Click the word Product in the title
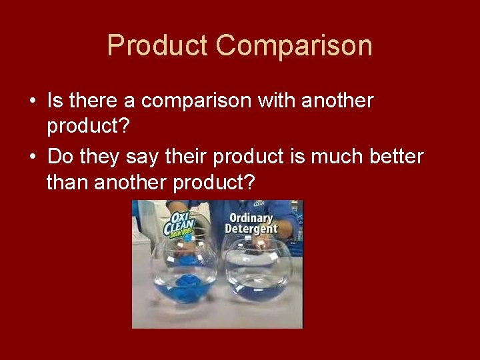point(157,46)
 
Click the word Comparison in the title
point(294,46)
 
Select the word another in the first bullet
point(337,101)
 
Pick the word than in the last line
point(67,181)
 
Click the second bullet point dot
point(32,157)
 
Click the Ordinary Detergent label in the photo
point(251,223)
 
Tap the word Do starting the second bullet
point(60,157)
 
